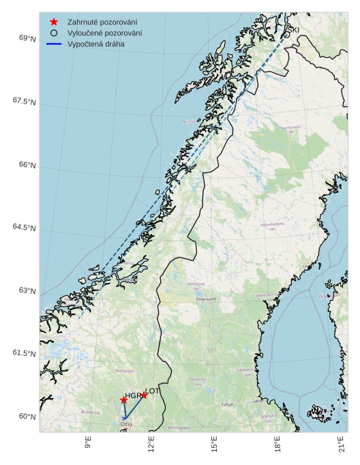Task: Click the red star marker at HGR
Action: (123, 400)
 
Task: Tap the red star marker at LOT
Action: (144, 395)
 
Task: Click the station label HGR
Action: (132, 396)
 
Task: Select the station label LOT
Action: (153, 391)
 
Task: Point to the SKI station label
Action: (292, 30)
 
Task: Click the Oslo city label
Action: (126, 424)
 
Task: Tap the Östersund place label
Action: (205, 299)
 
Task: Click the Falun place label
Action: (227, 404)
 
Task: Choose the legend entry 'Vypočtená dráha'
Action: (95, 44)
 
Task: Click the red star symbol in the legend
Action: (54, 22)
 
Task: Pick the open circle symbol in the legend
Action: (54, 33)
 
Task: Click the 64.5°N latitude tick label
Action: (25, 228)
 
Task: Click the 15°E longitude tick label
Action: (214, 446)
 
